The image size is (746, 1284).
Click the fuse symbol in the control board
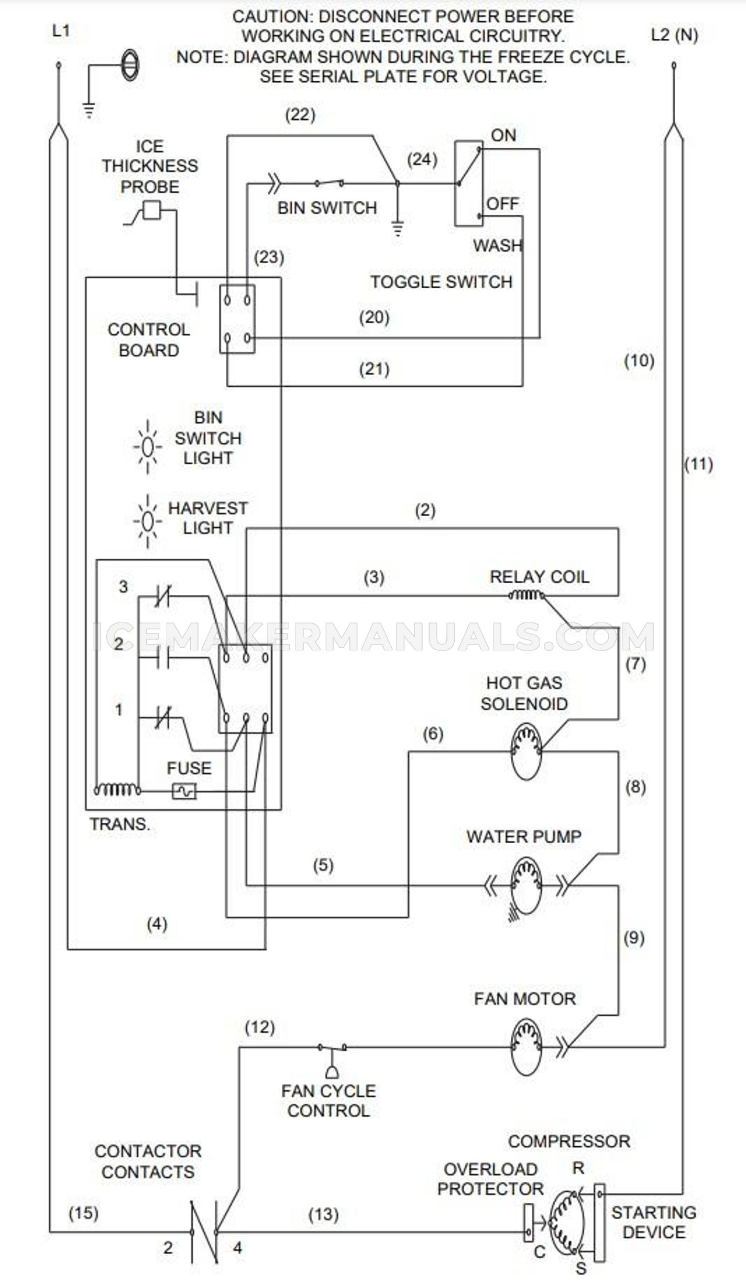click(184, 790)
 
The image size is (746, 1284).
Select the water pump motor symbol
click(525, 886)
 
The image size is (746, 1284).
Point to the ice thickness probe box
click(152, 210)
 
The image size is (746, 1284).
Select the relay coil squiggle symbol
click(525, 595)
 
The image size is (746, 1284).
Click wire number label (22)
click(300, 115)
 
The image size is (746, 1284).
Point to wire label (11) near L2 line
click(698, 464)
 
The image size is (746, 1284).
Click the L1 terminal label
click(61, 31)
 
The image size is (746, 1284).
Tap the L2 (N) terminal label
click(674, 35)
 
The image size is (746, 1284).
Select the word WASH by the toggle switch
click(498, 245)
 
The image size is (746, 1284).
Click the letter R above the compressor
click(578, 1168)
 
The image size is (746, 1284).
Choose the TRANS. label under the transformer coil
click(120, 824)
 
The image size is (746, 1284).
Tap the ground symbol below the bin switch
click(398, 228)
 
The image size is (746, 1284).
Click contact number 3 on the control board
click(123, 586)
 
